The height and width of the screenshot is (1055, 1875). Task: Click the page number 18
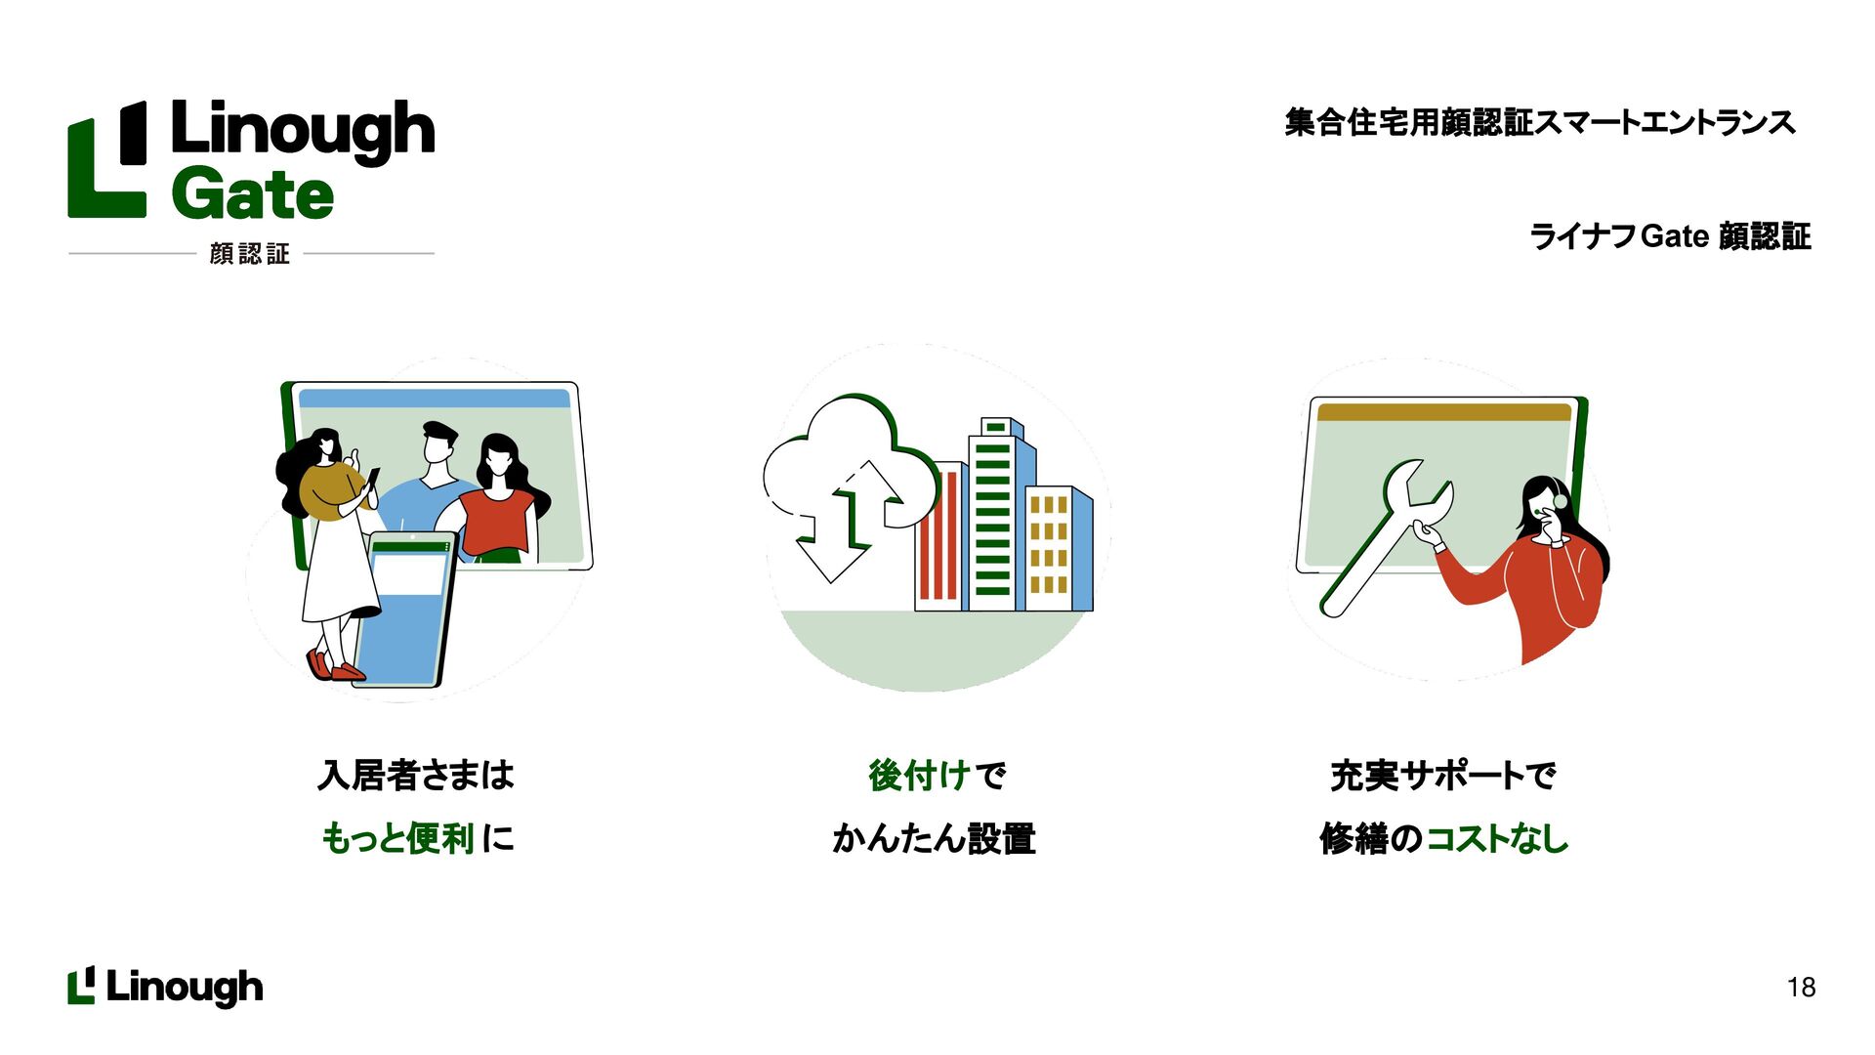(x=1801, y=988)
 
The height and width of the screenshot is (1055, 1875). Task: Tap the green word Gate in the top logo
(x=253, y=195)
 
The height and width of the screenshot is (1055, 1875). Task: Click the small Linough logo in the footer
(x=165, y=987)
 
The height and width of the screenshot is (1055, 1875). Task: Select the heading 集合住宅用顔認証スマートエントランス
(x=1539, y=123)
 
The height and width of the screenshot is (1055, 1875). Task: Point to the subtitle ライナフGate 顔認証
(x=1669, y=236)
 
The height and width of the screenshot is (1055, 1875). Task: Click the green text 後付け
(x=918, y=776)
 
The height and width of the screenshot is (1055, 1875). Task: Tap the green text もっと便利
(x=397, y=838)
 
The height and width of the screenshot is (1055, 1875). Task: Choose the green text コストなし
(x=1496, y=838)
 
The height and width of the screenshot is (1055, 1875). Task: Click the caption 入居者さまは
(x=416, y=776)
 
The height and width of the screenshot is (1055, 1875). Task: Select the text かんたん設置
(x=934, y=838)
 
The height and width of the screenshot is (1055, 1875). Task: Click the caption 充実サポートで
(x=1443, y=776)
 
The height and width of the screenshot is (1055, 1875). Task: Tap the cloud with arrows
(x=845, y=479)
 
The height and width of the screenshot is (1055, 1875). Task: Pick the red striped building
(x=938, y=537)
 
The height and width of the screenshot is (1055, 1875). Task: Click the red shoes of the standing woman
(x=334, y=667)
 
